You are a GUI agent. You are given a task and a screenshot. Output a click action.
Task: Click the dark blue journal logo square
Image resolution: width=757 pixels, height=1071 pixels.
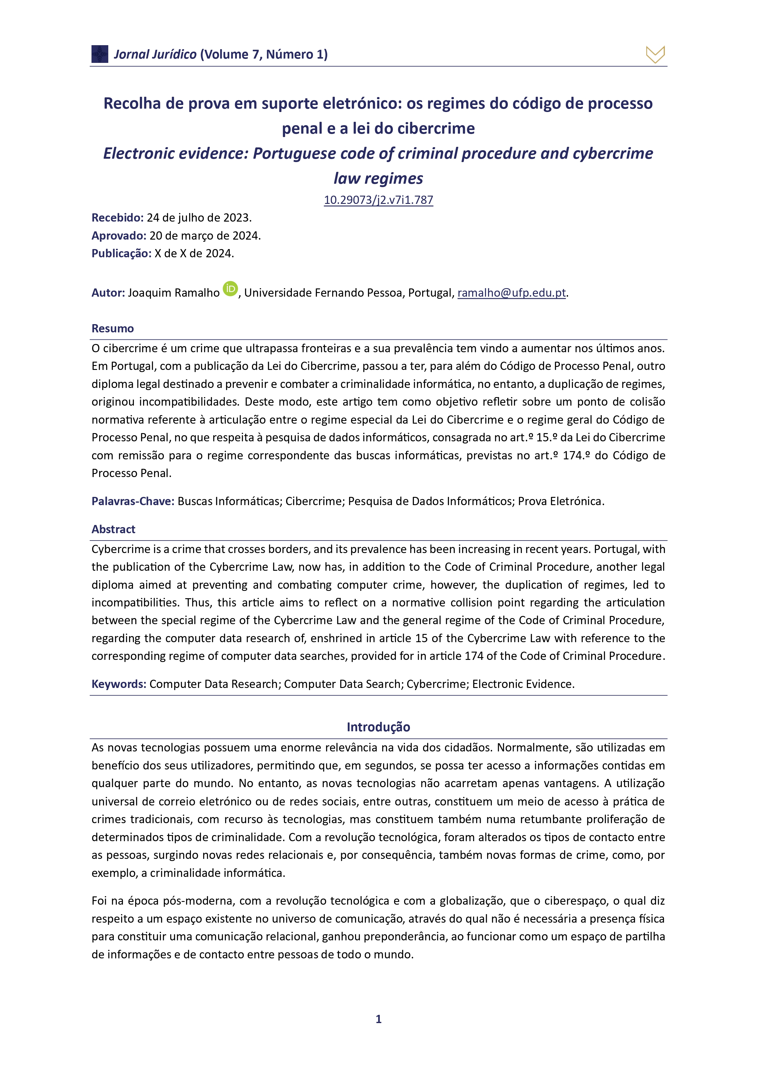100,54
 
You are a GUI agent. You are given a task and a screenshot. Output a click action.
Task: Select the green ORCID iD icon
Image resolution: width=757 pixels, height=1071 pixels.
230,289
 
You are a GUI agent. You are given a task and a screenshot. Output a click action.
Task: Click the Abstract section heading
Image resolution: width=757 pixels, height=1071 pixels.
113,529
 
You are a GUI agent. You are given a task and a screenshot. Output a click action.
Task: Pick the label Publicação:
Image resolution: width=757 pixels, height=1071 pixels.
121,253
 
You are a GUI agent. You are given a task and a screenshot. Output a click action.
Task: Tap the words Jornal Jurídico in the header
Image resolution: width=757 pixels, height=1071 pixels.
155,55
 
